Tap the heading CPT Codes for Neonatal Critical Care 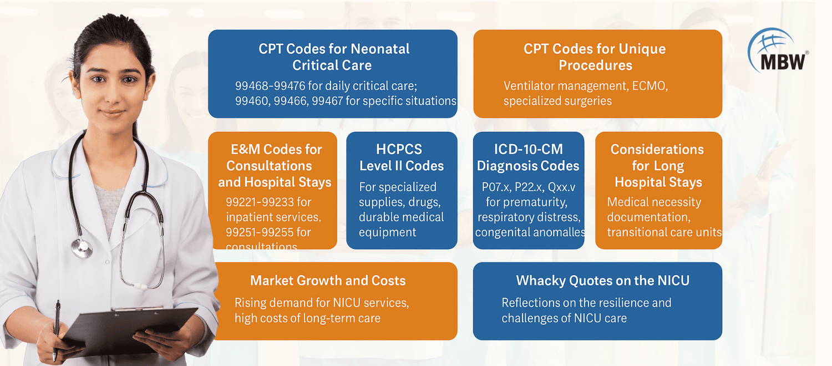333,57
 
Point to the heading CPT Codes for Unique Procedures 595,57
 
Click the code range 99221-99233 260,202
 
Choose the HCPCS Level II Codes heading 401,157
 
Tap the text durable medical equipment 401,224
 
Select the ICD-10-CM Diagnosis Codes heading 528,157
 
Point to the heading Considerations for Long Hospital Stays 658,165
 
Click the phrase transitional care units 664,232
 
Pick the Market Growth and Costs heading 328,281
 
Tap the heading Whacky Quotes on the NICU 602,281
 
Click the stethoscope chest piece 82,247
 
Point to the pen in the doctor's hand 57,327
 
